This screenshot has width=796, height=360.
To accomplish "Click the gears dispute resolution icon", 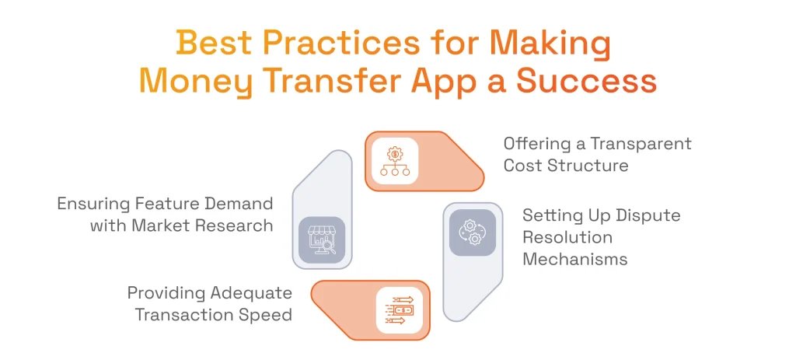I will [x=472, y=232].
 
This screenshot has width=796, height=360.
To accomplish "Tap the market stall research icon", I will [x=322, y=239].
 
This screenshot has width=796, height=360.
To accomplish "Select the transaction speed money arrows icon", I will [x=400, y=310].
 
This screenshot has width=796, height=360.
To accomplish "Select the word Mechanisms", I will [x=574, y=259].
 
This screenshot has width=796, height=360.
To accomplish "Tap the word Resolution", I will [x=567, y=236].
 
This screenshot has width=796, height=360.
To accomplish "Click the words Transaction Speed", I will [x=214, y=315].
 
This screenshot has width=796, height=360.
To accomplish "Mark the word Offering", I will [x=533, y=144].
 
